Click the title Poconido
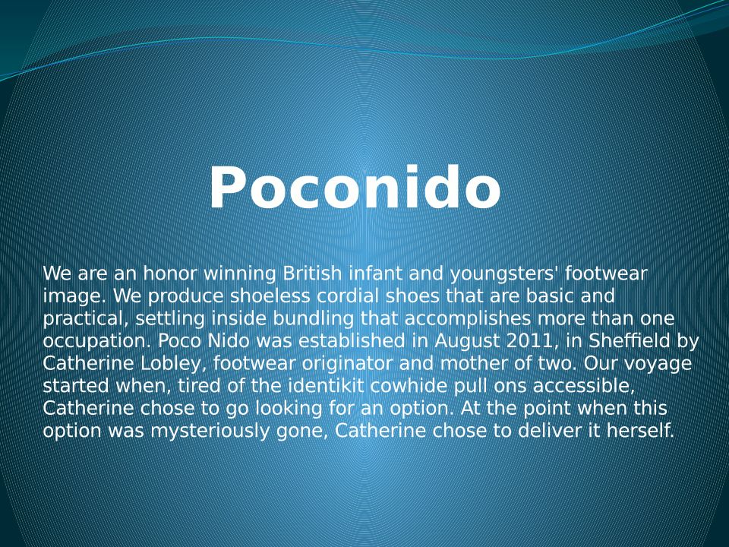[x=355, y=187]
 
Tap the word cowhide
[x=409, y=386]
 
